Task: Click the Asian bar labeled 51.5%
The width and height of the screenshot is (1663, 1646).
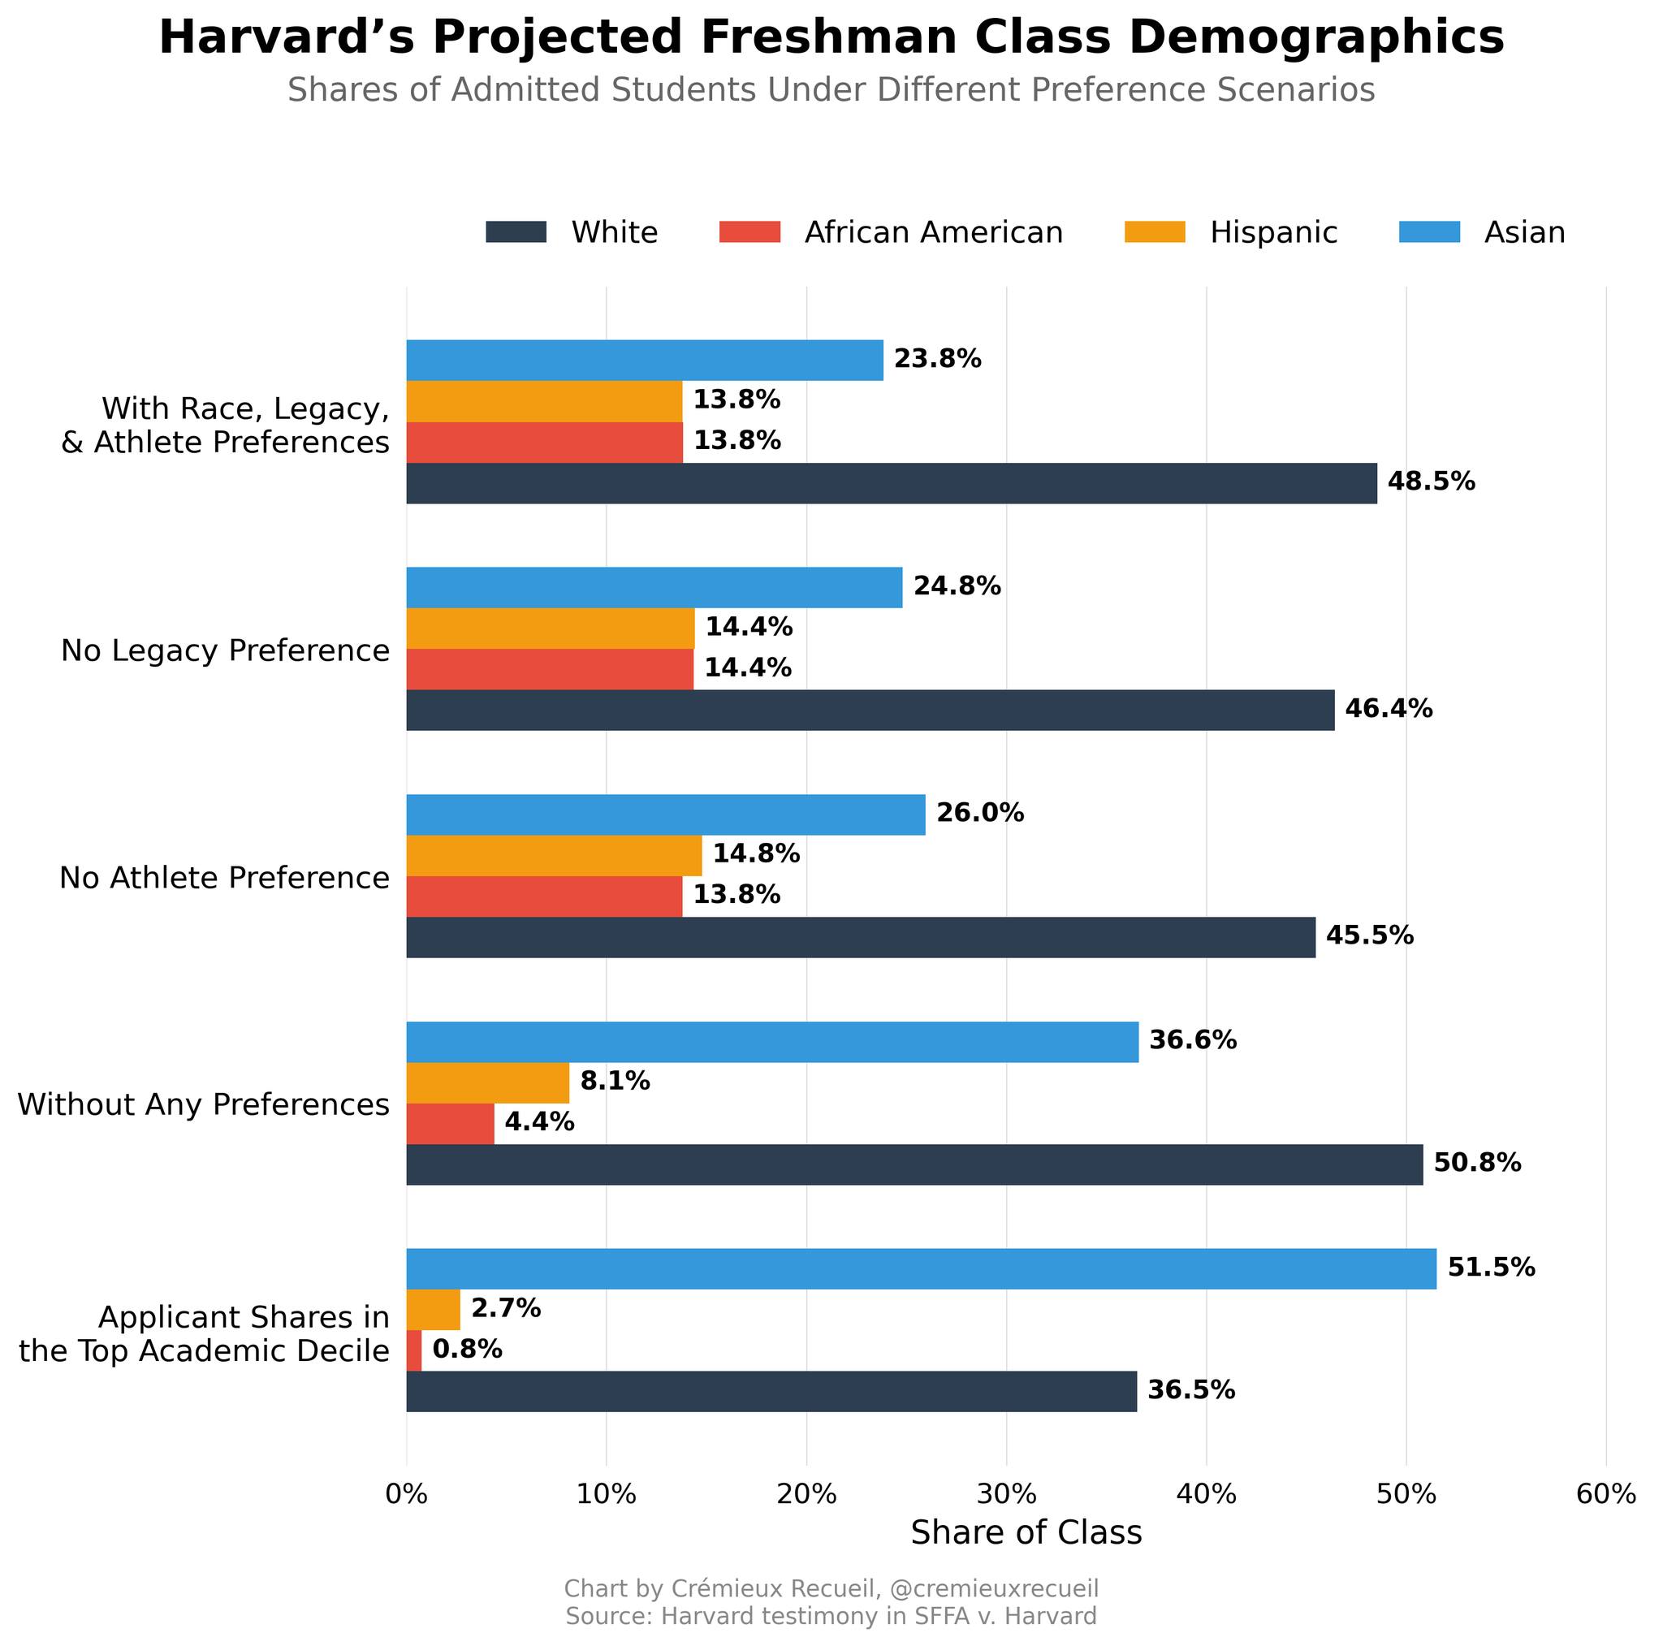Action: point(921,1268)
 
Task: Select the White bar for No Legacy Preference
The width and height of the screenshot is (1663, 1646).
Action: point(870,711)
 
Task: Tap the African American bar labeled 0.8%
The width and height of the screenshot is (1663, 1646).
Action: point(414,1350)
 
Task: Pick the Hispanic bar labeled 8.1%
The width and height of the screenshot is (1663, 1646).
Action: point(487,1082)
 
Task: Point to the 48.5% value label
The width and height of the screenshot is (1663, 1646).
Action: point(1431,482)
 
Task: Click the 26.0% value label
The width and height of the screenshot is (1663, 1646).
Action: point(980,813)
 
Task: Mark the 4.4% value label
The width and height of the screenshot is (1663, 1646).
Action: point(539,1121)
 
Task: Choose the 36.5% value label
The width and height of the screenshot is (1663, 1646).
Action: point(1191,1390)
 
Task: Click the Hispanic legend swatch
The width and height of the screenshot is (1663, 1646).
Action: point(1155,232)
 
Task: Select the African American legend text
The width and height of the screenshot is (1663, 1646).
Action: point(934,232)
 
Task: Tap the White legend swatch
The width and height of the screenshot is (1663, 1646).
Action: point(516,232)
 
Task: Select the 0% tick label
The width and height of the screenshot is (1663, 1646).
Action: point(406,1494)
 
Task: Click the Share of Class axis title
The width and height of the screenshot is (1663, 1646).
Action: point(1026,1533)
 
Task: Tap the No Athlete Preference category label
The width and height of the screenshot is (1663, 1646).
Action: point(225,878)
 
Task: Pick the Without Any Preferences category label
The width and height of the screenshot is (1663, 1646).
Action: point(204,1104)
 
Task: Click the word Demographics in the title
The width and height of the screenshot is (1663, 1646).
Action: point(1316,39)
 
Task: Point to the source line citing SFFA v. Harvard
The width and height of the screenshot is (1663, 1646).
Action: point(831,1617)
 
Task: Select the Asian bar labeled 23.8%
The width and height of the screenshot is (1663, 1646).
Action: point(645,360)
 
